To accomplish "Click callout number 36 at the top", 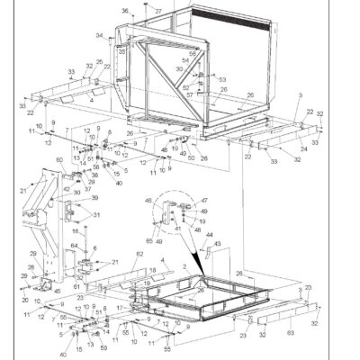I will [x=125, y=10].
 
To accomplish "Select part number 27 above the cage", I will [x=157, y=10].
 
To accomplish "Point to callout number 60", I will [x=60, y=160].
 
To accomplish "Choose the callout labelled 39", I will [x=93, y=197].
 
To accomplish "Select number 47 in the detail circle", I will [x=204, y=201].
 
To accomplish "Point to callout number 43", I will [x=216, y=244].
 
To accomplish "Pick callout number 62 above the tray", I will [x=139, y=255].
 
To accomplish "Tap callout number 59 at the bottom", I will [x=104, y=347].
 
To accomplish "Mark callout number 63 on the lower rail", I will [x=290, y=333].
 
